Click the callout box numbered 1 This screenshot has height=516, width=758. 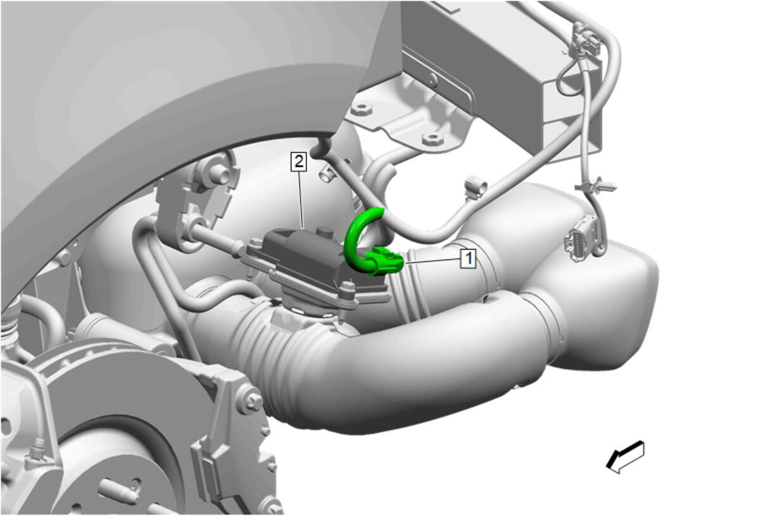pyautogui.click(x=467, y=258)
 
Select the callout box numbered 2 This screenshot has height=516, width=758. pyautogui.click(x=299, y=161)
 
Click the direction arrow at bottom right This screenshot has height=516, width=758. pyautogui.click(x=625, y=456)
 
